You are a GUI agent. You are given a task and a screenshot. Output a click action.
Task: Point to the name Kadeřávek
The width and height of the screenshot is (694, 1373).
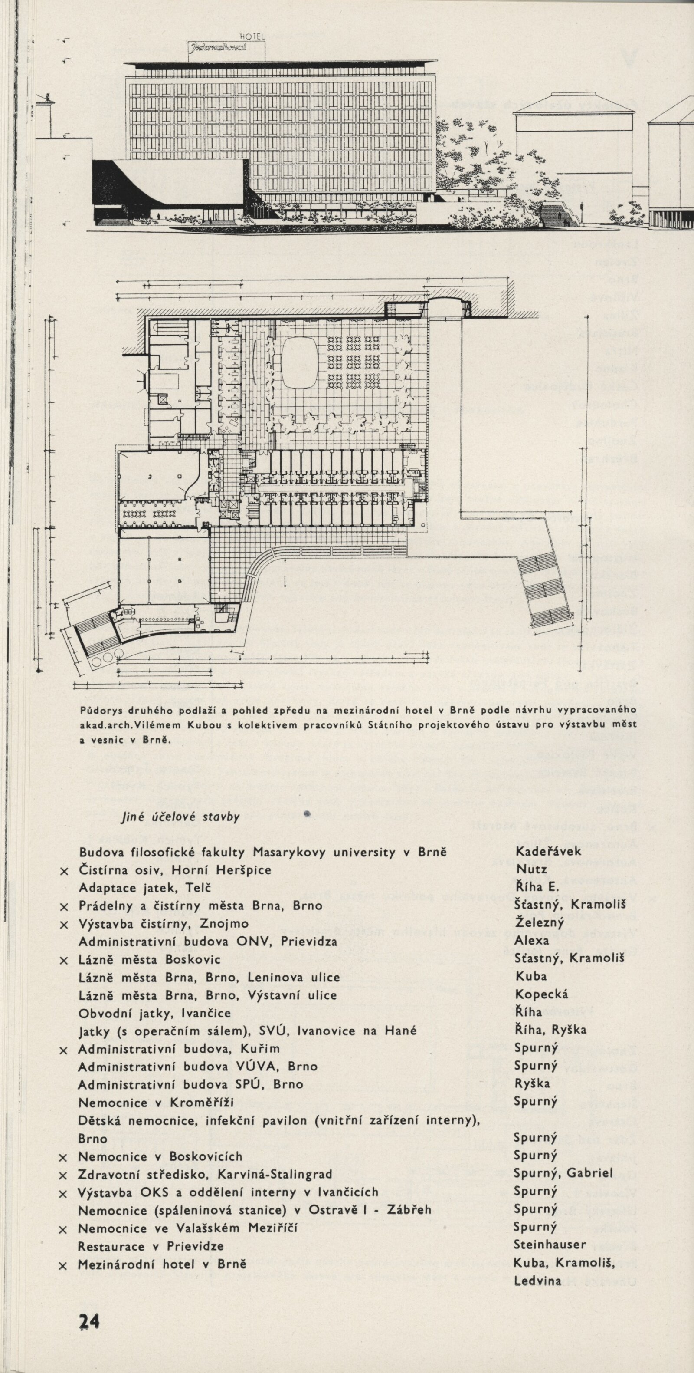pos(548,852)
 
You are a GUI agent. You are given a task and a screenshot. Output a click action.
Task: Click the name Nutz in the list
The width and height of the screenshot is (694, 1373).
pos(528,870)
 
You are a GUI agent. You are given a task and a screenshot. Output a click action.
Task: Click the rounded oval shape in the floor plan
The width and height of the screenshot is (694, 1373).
pos(299,363)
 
